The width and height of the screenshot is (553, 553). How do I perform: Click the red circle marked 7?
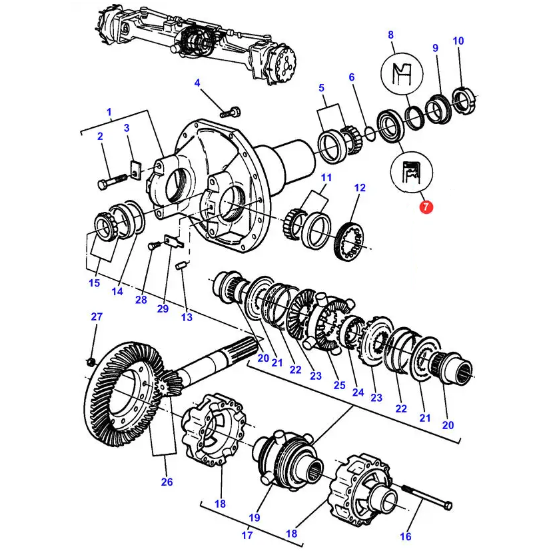[x=426, y=207]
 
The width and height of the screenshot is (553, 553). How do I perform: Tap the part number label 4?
[x=197, y=83]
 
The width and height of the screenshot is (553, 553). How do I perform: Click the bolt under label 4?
[x=232, y=111]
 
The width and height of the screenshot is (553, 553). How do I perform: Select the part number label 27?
[x=97, y=316]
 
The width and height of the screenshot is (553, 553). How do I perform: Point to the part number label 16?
[x=406, y=536]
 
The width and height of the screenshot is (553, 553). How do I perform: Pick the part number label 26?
[x=166, y=482]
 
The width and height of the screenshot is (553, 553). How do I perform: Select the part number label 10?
[x=458, y=41]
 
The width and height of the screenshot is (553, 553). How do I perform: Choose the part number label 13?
[x=187, y=317]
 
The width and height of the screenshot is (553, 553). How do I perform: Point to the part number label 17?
[x=247, y=534]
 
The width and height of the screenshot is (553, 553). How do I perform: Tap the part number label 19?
[x=255, y=517]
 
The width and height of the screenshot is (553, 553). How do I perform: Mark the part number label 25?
[x=340, y=386]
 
